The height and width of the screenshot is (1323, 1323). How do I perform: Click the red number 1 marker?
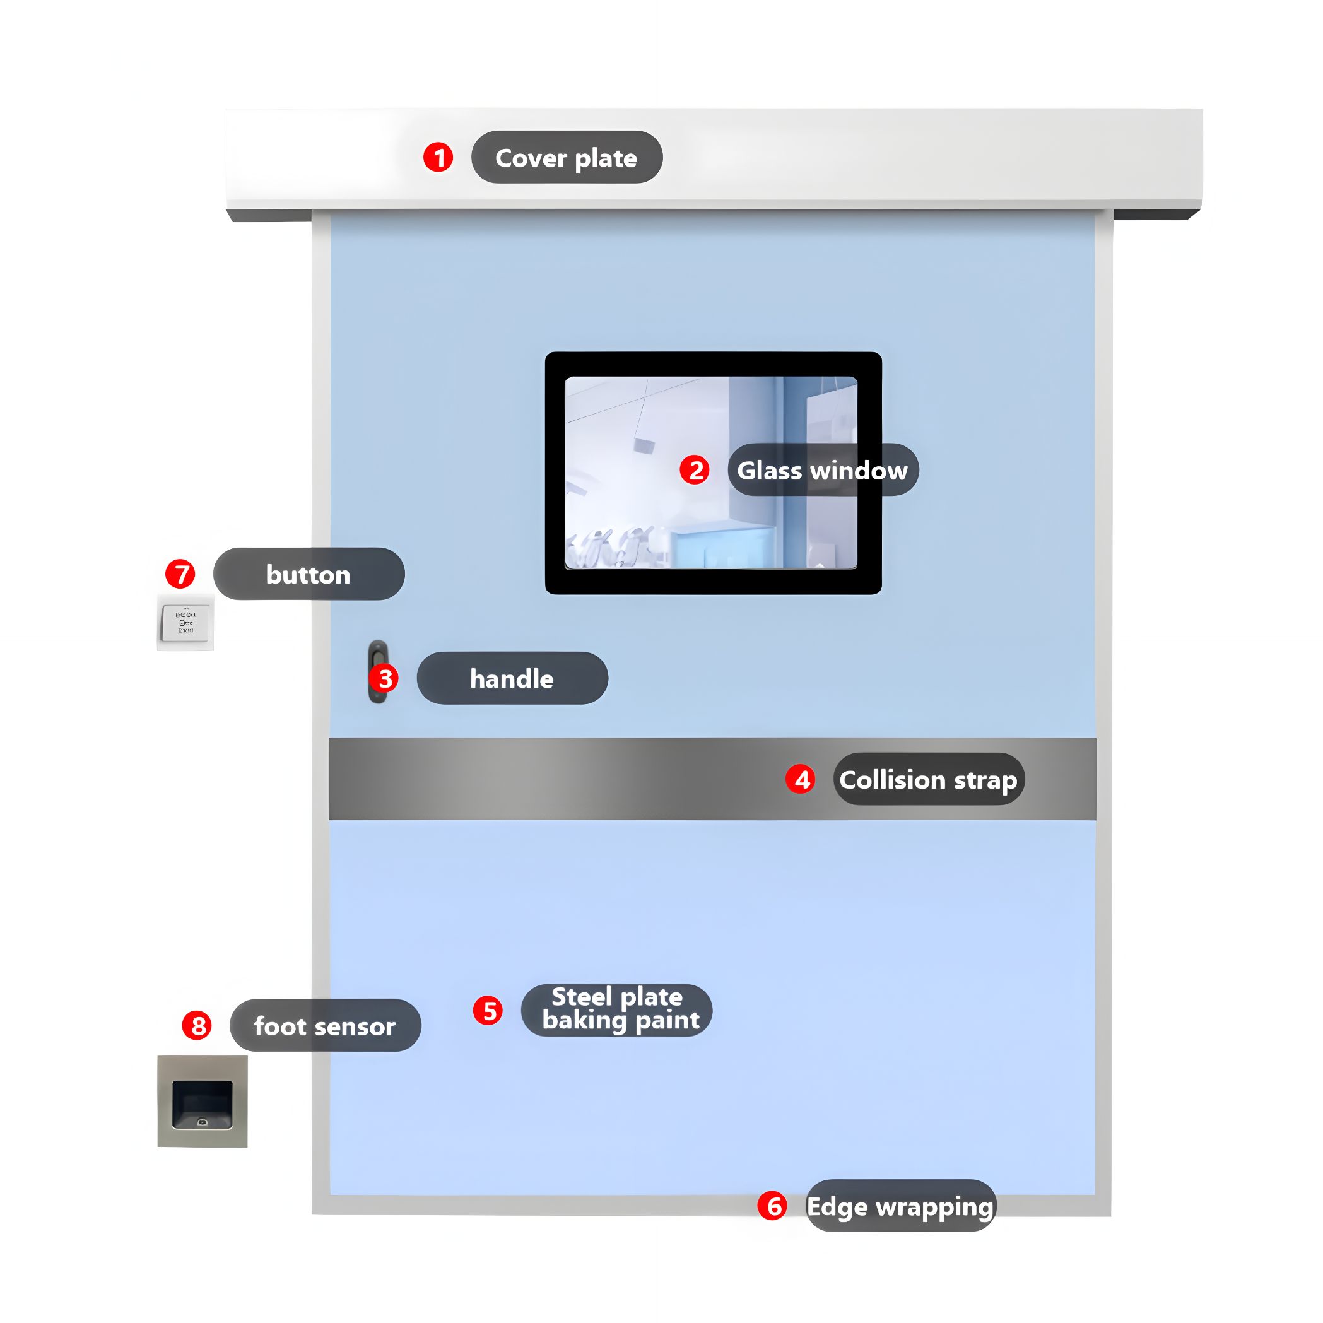438,158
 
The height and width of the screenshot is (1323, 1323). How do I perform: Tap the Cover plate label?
567,158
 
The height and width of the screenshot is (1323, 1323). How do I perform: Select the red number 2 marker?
695,470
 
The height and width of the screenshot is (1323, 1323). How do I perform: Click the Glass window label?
823,470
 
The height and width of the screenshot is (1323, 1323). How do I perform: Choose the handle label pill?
512,678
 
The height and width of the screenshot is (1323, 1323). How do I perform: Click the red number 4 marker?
801,779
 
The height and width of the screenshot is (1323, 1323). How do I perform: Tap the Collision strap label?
929,779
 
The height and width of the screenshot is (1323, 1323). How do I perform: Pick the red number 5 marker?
488,1011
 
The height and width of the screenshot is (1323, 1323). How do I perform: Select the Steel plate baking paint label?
617,1010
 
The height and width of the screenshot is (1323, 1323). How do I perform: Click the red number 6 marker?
772,1206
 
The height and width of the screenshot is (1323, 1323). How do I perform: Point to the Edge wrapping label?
901,1206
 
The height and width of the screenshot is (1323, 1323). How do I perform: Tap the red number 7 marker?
181,574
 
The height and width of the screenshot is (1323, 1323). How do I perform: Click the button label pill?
309,574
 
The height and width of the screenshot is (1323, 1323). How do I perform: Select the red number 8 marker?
197,1025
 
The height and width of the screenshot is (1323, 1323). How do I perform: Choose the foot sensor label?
326,1025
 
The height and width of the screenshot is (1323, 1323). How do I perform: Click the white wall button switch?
185,623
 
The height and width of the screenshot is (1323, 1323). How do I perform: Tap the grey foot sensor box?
203,1101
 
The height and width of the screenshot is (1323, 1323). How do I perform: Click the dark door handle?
378,672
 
